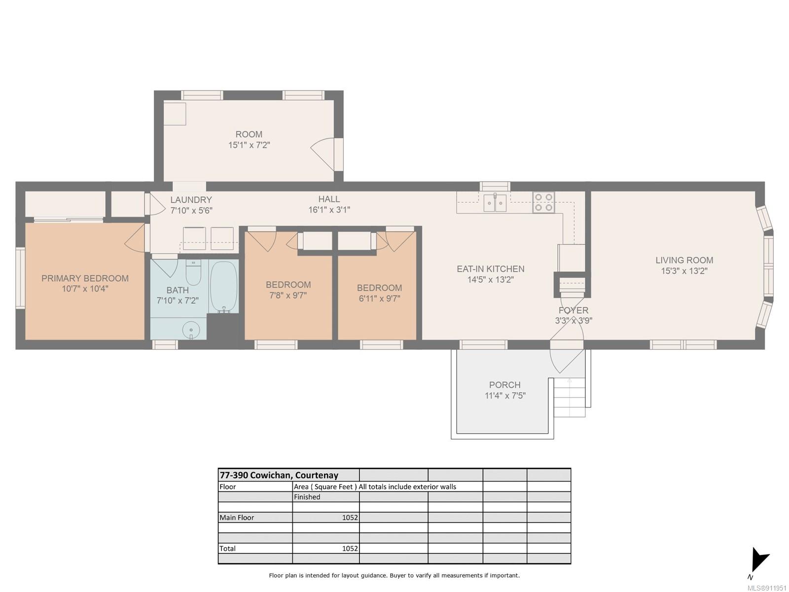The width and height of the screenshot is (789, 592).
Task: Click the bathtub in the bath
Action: [223, 287]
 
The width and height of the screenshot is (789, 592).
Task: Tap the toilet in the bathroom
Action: [193, 273]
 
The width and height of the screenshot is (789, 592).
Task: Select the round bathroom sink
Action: [191, 329]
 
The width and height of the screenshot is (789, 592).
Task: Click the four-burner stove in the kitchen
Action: [543, 202]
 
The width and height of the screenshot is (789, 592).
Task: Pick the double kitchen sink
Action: [495, 203]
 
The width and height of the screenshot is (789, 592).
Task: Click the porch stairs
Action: [570, 397]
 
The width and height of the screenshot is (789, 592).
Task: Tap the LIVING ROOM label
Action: [684, 260]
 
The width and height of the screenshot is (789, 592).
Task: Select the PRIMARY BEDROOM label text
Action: [85, 278]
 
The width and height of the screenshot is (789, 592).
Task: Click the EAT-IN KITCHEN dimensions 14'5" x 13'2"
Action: [490, 279]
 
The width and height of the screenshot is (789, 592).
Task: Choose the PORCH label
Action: [504, 385]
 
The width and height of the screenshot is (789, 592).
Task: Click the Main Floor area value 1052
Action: [350, 518]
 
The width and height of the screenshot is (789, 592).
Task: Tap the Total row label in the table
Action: [227, 549]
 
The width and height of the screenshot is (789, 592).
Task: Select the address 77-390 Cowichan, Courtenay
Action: [279, 475]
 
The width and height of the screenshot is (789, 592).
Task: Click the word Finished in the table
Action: [307, 497]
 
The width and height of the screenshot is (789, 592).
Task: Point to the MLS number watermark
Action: [767, 588]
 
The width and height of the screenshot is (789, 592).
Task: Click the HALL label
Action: [329, 199]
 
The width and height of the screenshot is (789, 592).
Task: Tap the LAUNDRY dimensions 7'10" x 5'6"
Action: [191, 210]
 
